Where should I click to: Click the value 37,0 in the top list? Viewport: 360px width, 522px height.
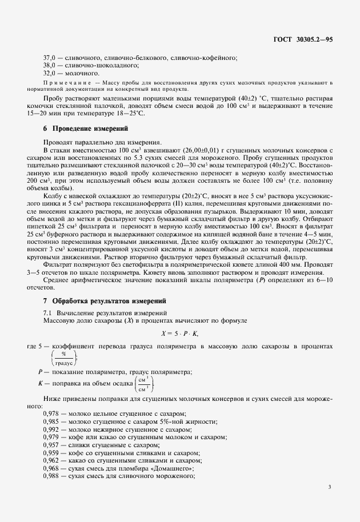click(51, 59)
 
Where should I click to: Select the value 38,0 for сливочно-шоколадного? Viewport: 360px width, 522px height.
click(51, 66)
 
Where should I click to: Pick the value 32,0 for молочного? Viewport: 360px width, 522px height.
click(51, 74)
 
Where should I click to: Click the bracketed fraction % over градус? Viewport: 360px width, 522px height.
click(63, 358)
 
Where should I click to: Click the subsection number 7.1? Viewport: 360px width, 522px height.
click(48, 312)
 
